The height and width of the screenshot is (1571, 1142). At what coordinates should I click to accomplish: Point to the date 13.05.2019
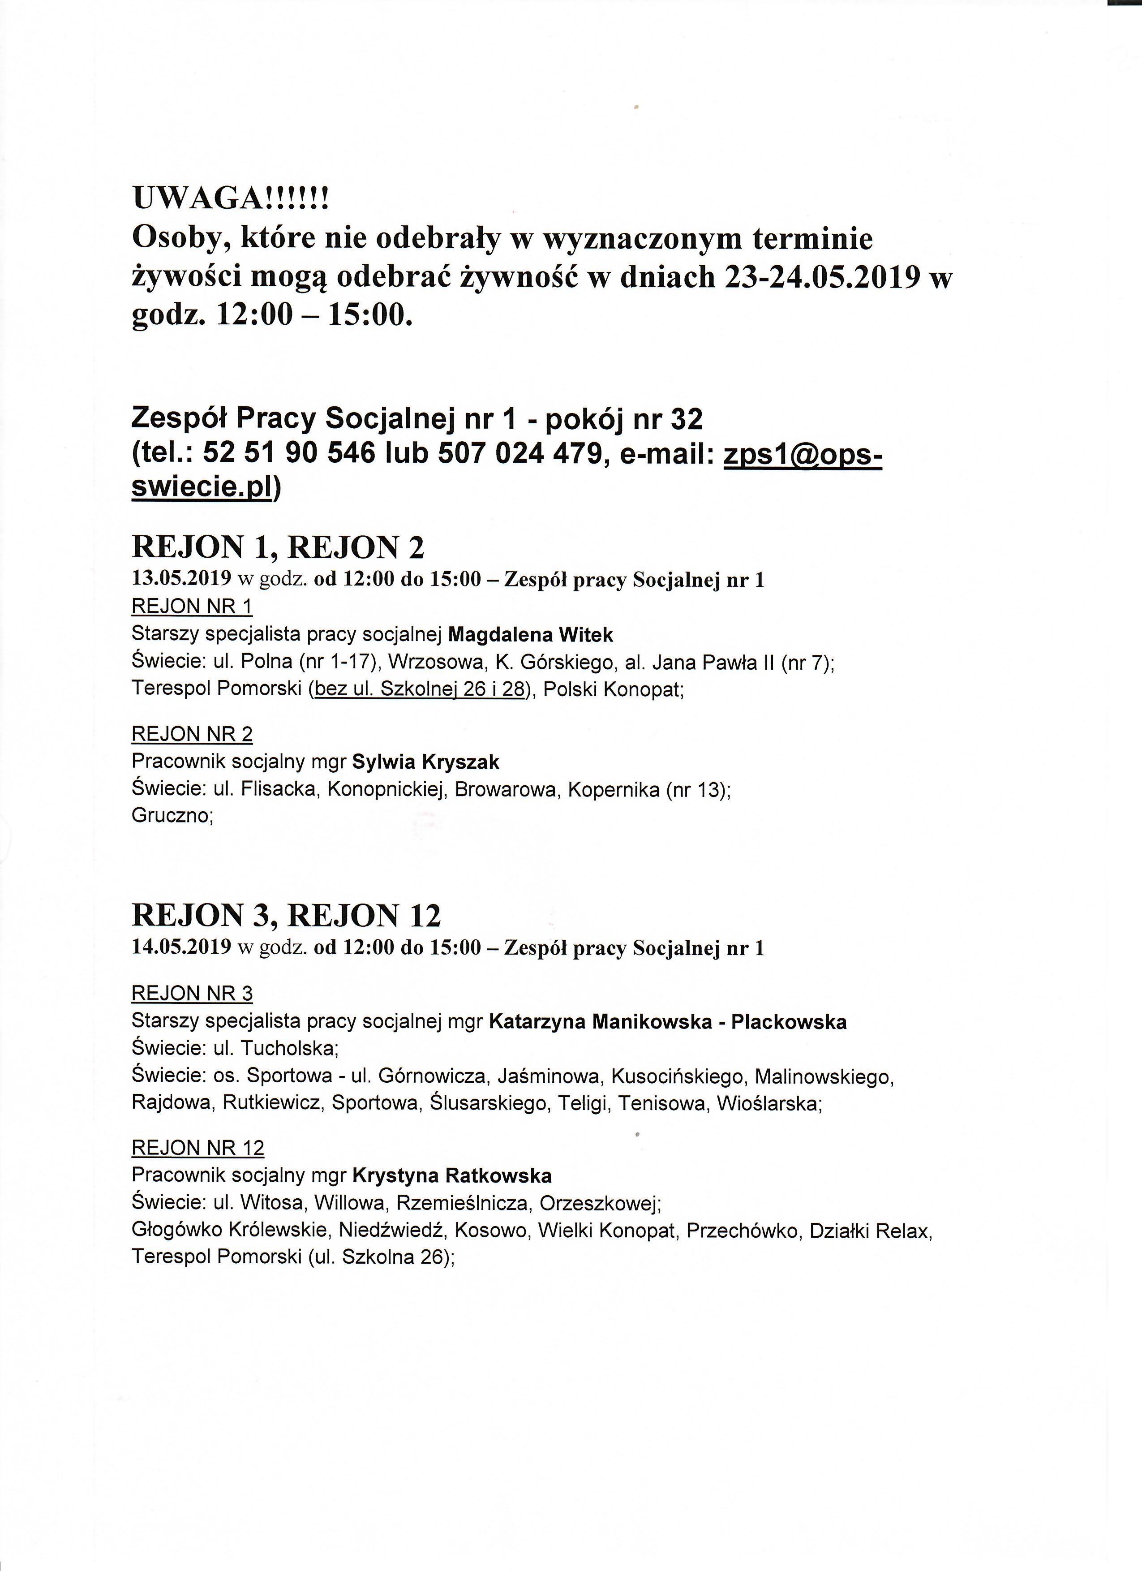tap(181, 580)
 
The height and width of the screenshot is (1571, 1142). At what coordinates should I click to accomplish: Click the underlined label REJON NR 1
tap(192, 607)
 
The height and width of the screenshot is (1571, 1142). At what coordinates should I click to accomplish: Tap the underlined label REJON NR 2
tap(192, 734)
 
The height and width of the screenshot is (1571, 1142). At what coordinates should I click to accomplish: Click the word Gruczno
tap(170, 816)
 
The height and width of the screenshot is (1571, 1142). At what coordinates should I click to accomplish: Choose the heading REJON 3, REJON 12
tap(286, 916)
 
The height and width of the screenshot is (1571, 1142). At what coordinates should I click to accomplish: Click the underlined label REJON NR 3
tap(192, 993)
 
